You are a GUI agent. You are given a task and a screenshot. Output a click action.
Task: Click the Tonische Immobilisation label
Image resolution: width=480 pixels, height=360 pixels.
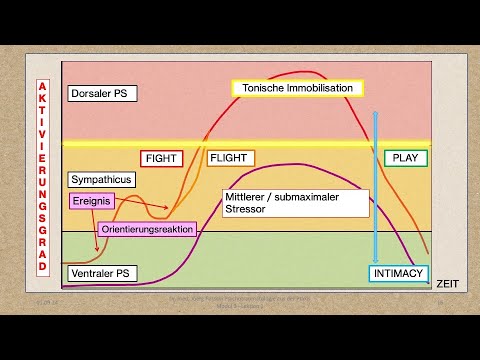(298, 88)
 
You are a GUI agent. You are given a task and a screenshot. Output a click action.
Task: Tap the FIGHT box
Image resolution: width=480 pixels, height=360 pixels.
(163, 158)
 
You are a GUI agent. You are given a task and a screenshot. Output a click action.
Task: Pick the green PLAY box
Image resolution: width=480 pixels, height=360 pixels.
(404, 158)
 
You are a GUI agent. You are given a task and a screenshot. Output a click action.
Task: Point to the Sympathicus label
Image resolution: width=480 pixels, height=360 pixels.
(102, 180)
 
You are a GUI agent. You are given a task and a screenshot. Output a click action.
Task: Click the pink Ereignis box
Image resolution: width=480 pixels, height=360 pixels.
(91, 201)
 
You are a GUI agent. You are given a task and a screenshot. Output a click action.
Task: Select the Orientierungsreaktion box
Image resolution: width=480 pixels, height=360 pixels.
(148, 229)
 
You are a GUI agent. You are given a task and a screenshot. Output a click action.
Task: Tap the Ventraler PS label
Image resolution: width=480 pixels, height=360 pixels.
(101, 272)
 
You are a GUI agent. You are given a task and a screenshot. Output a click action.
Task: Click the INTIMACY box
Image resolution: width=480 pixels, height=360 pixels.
(398, 273)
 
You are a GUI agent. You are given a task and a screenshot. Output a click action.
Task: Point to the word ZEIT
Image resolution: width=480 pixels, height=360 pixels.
(446, 284)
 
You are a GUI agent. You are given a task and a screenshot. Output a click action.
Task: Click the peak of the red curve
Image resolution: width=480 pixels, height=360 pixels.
(300, 72)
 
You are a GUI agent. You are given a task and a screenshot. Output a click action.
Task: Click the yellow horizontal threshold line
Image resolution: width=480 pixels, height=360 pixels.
(250, 144)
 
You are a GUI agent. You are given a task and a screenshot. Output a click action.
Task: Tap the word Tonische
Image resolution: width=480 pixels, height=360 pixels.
(262, 88)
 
